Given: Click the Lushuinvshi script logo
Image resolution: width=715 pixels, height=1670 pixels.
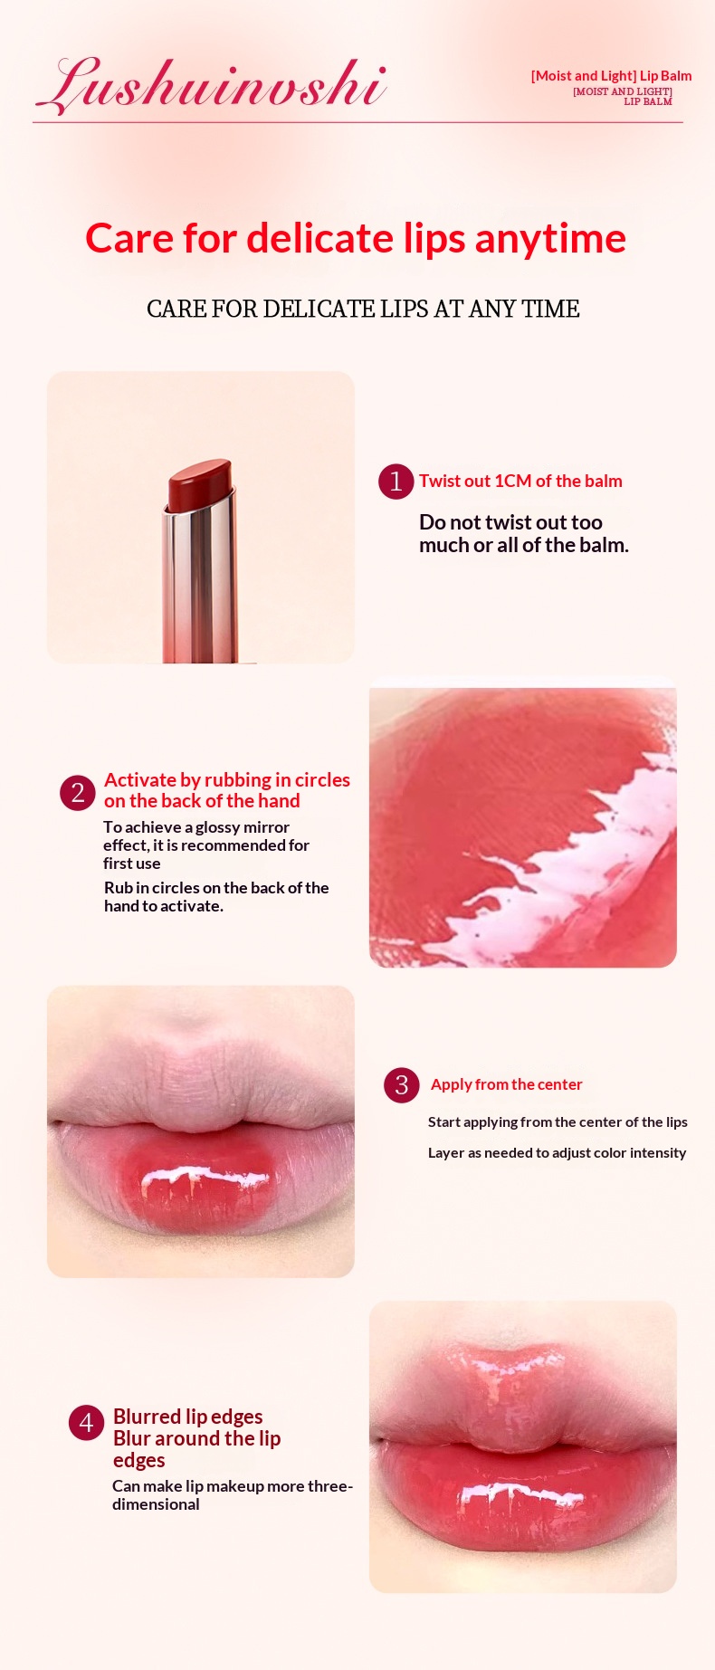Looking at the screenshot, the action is coord(212,86).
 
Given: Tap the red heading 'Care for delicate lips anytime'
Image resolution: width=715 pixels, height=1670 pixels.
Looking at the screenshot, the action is coord(356,239).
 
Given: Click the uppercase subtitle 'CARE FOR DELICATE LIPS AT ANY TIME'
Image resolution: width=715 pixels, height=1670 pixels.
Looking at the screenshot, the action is coord(363,309).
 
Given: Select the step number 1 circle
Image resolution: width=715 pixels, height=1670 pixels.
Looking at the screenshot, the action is coord(396,482).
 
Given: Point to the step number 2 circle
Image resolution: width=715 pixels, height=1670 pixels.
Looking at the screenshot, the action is coord(78,793).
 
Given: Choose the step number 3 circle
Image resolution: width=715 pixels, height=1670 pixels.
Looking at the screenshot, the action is coord(402,1085).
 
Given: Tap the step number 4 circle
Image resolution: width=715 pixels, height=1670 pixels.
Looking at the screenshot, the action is coord(86,1423).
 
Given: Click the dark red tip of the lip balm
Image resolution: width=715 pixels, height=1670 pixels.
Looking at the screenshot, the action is coord(199,484).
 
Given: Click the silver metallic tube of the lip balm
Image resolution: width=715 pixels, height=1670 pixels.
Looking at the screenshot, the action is coord(199,584).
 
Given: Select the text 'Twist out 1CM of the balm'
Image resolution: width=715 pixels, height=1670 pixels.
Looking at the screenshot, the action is coord(520,481).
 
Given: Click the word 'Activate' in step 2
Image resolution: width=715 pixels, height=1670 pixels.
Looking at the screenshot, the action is coord(139,779).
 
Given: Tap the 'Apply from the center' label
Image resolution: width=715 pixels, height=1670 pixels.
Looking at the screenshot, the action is coord(506,1084).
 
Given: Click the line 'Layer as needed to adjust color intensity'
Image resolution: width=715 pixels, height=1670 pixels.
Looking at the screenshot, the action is coord(557,1152).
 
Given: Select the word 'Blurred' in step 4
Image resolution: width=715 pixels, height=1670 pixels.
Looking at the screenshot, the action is coord(147,1417).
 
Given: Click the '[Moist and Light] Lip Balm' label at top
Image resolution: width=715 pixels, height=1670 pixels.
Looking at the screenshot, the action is coord(611,76).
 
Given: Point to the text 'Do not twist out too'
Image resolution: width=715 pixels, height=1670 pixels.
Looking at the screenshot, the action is coord(510,522).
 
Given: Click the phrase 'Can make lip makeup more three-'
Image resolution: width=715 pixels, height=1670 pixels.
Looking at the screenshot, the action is coord(233,1486).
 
